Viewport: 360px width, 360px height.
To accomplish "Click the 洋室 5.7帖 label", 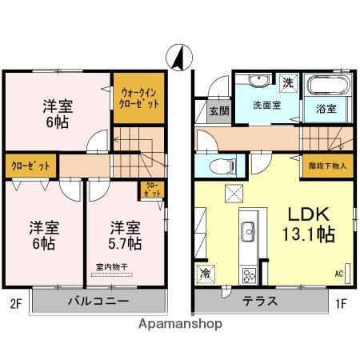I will point(126,233).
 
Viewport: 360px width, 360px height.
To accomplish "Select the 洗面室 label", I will point(266,105).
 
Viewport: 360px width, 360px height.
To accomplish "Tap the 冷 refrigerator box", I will point(206,274).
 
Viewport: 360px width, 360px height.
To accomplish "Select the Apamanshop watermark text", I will point(181,324).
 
